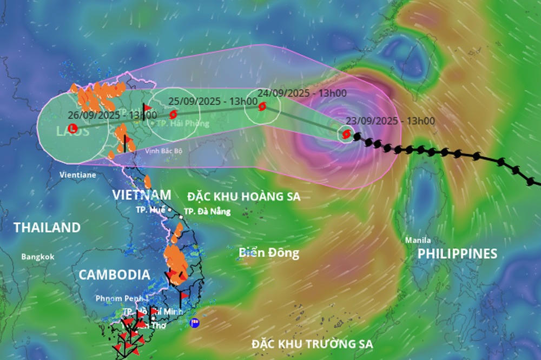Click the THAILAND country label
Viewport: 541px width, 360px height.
47,228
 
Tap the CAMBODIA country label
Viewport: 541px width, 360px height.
114,275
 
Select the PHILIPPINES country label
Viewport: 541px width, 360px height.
457,254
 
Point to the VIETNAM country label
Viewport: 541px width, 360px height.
142,195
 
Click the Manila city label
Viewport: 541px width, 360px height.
418,240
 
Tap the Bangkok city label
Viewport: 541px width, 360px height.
38,257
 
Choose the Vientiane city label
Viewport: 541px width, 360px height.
78,175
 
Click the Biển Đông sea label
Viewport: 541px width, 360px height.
269,252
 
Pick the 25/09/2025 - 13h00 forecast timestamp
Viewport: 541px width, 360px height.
205,101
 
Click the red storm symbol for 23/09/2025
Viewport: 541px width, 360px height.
346,133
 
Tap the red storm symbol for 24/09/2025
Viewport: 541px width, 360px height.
262,107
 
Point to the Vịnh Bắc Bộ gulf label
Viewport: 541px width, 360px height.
163,151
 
